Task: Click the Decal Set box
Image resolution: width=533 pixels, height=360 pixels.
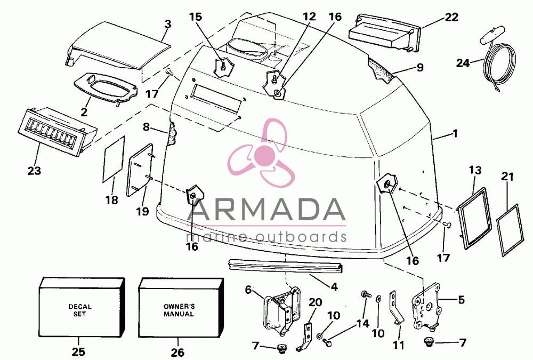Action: [x=82, y=307]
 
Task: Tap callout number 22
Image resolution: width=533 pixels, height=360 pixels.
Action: [x=451, y=17]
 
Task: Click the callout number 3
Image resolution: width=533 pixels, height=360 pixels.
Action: [x=167, y=24]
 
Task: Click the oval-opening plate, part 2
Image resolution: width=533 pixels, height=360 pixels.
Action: [x=106, y=88]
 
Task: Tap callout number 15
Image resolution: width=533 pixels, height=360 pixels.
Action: [x=196, y=17]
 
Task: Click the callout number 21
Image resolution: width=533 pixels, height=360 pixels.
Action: [x=507, y=177]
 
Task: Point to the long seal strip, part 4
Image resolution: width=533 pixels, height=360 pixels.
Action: [x=286, y=266]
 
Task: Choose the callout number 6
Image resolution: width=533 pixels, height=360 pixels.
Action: [x=248, y=290]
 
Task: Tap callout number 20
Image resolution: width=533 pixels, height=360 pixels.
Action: [x=316, y=302]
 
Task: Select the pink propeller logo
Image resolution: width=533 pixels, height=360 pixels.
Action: [x=261, y=154]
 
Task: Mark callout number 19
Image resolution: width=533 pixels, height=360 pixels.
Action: [x=142, y=211]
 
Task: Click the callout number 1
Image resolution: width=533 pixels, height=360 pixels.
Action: [x=456, y=134]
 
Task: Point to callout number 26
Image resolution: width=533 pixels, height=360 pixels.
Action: [x=177, y=352]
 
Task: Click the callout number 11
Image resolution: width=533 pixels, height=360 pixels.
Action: [x=398, y=346]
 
